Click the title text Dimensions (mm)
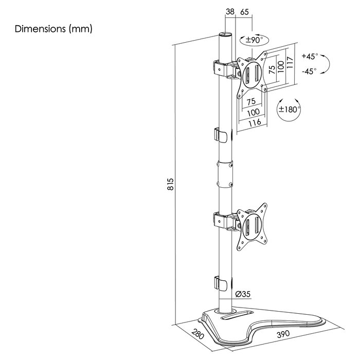point(54,29)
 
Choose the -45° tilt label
point(310,71)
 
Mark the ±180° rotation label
point(289,110)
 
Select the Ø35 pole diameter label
point(242,295)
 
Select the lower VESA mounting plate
point(252,226)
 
